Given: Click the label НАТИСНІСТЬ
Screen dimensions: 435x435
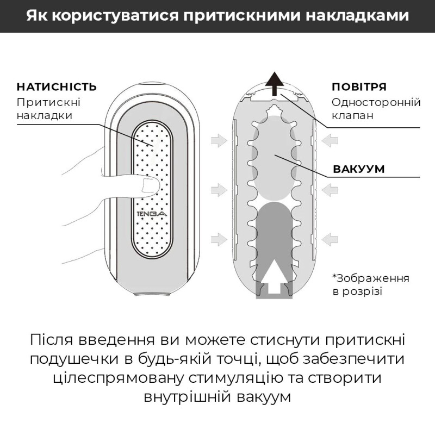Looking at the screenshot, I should (57, 87).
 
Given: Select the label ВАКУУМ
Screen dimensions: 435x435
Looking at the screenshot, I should (358, 169).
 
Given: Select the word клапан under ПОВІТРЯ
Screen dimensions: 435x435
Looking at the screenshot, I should (352, 116).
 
